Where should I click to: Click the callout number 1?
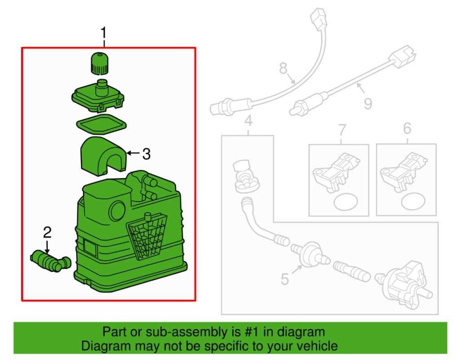tap(104, 33)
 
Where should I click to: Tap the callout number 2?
tap(47, 233)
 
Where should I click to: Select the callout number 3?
tap(146, 154)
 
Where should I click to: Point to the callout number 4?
tap(248, 121)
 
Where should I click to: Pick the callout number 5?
tap(285, 279)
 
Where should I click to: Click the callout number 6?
tap(407, 129)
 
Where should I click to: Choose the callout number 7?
tap(341, 130)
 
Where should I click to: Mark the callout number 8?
tap(283, 68)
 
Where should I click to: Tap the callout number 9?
tap(368, 104)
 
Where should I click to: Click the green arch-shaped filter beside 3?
tap(102, 156)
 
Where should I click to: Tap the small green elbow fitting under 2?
tap(49, 260)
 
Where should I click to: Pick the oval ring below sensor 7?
tap(343, 202)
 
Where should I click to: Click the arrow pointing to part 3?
tap(133, 154)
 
